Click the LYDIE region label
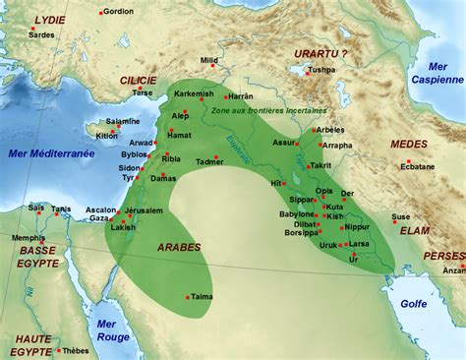click(49, 20)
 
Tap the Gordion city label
click(118, 12)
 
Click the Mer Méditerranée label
click(51, 153)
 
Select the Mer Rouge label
click(113, 330)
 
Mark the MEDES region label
click(409, 145)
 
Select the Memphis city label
click(29, 237)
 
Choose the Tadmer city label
click(210, 160)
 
